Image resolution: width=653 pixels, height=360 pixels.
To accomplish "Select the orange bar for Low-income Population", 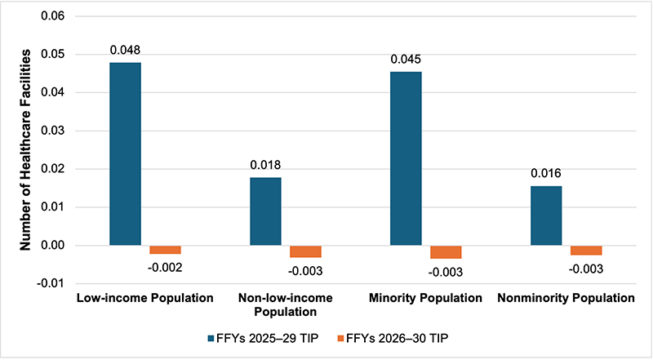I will click(165, 249).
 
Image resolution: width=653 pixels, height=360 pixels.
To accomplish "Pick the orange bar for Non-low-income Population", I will click(305, 251).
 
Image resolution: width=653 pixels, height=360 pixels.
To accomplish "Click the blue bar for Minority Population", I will click(406, 158).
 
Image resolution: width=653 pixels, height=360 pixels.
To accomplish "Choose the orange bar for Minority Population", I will click(446, 251).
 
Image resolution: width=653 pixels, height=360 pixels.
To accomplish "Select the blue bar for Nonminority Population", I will click(546, 216).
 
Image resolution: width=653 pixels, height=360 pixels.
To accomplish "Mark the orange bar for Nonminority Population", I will click(586, 250).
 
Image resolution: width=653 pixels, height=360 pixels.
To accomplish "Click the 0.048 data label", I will click(125, 50).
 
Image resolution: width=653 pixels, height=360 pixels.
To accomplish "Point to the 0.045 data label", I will click(406, 59).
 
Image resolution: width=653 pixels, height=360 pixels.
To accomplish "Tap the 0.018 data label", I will click(264, 165).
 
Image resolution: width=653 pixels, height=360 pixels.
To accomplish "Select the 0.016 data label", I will click(546, 173).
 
